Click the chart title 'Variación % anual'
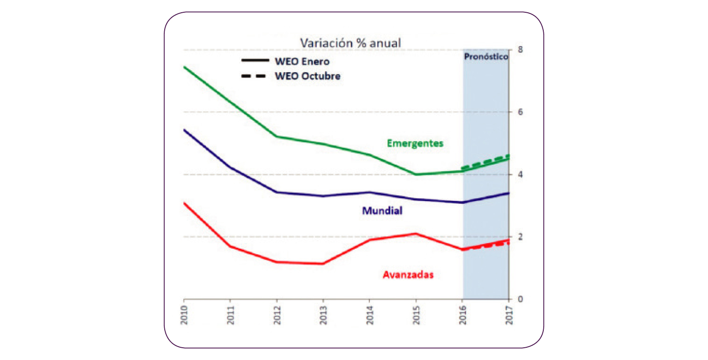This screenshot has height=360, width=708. (350, 42)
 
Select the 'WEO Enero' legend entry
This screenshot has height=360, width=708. (302, 61)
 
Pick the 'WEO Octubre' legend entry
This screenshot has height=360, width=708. (307, 75)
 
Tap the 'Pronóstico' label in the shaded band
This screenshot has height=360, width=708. (486, 57)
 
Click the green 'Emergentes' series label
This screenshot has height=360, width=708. (415, 143)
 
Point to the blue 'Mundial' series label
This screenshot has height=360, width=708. (382, 211)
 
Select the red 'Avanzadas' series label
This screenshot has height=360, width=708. (408, 274)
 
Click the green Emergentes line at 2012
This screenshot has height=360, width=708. (277, 136)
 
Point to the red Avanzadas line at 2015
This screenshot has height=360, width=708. (416, 234)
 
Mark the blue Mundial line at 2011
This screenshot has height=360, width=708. (230, 167)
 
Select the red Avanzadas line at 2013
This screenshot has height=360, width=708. (323, 263)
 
